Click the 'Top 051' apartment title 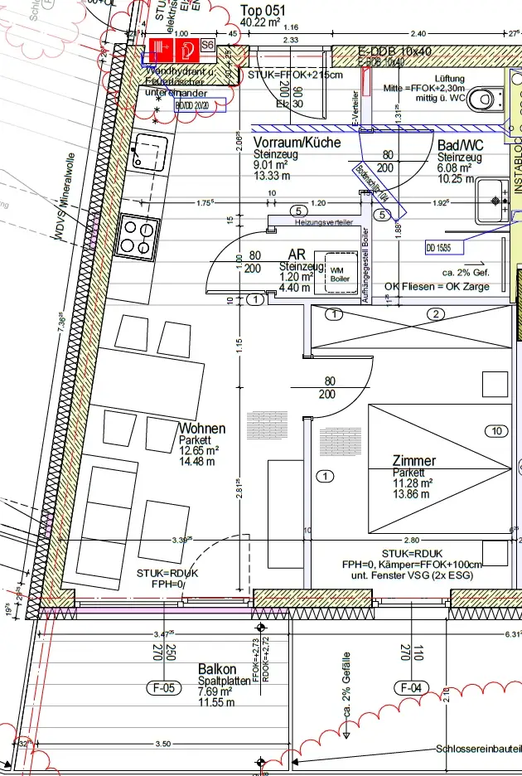263,10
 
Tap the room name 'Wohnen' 201,429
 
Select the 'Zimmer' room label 414,461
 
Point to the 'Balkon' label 217,669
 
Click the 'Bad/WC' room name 460,145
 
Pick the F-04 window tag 411,687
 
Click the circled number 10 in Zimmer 497,431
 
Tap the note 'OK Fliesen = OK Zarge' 437,287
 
